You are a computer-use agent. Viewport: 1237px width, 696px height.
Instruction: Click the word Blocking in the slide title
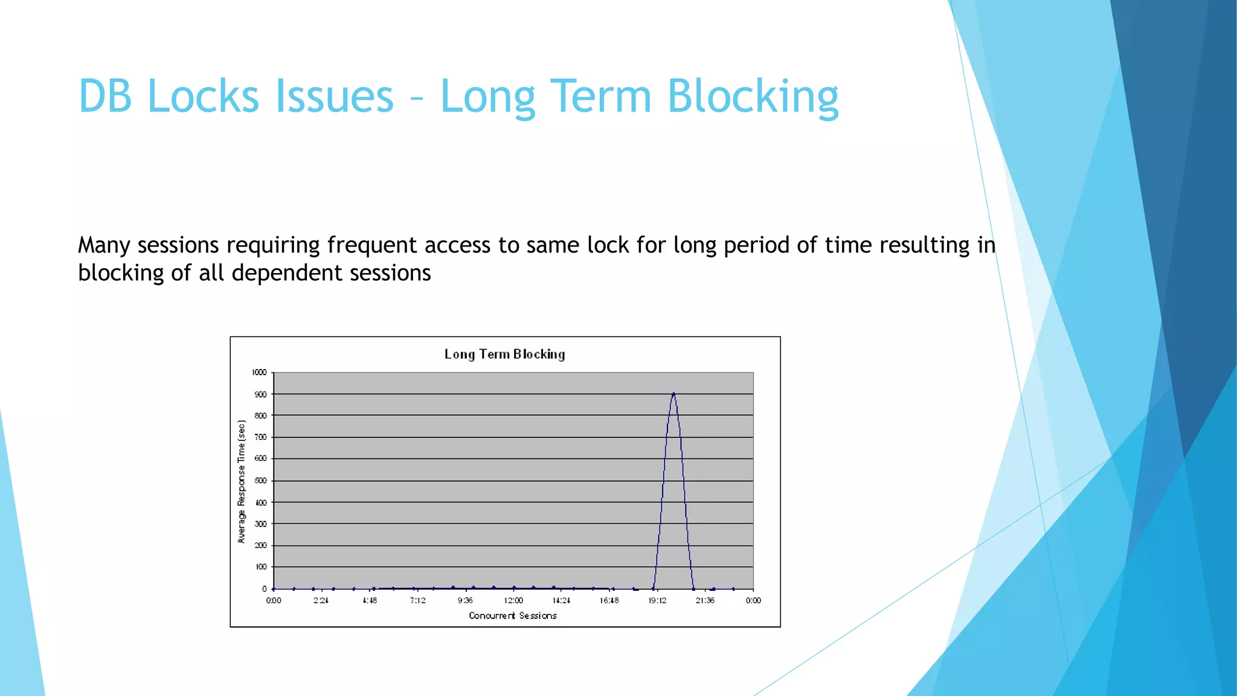(x=753, y=97)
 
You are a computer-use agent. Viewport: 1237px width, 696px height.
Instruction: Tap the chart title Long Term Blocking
(x=504, y=354)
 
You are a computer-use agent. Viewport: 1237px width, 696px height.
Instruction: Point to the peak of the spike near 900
(x=673, y=395)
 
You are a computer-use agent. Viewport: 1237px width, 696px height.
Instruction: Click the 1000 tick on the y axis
(x=259, y=372)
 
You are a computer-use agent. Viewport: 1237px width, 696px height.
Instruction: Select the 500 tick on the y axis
(x=260, y=481)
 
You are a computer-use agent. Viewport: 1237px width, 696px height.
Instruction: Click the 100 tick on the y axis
(x=260, y=567)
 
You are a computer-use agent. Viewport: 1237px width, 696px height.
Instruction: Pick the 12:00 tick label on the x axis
(x=513, y=601)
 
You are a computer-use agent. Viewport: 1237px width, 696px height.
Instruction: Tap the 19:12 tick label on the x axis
(x=657, y=601)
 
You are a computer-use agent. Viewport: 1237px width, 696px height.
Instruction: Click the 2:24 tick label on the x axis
(x=321, y=601)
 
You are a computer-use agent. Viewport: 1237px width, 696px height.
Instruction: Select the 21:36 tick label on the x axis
(x=705, y=601)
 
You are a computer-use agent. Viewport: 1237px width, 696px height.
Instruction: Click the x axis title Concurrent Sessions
(x=512, y=616)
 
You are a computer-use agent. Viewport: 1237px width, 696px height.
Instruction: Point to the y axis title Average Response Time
(x=242, y=482)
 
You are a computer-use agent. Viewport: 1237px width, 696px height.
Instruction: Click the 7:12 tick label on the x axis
(x=417, y=601)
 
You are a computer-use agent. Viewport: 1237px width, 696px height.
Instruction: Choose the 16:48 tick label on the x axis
(x=609, y=601)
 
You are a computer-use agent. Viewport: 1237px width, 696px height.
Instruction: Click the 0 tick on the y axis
(x=264, y=588)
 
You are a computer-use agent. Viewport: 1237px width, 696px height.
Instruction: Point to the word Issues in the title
(x=334, y=97)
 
